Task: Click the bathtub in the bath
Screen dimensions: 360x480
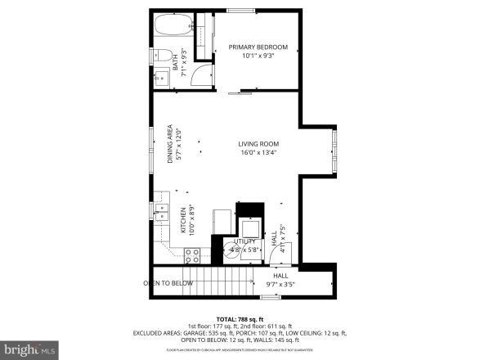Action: pos(173,26)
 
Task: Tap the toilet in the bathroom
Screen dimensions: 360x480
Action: pos(164,56)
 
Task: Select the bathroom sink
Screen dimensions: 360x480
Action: pos(160,79)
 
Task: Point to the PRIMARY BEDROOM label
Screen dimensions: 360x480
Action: pos(258,47)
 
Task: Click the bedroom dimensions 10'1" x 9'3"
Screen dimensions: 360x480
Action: pos(258,56)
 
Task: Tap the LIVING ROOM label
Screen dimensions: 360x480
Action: pos(258,143)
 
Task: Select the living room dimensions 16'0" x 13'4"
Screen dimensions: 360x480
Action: pos(258,153)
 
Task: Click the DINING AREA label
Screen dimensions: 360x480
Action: pos(170,144)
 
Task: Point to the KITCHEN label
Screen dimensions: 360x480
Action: pos(183,220)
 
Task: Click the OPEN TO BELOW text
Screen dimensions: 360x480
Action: pos(169,283)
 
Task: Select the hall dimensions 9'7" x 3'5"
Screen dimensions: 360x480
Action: pos(280,286)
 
